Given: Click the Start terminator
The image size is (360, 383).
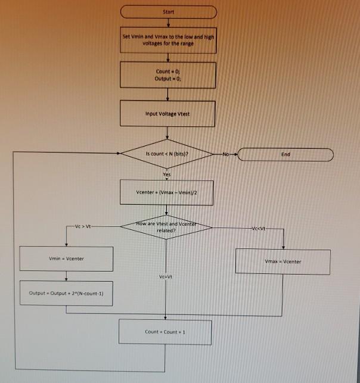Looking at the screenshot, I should [x=168, y=11].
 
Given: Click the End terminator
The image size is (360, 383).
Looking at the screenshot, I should [x=285, y=154].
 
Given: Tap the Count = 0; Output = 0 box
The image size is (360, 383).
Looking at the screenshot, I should [x=167, y=74].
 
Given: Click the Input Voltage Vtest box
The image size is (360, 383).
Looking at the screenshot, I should [x=167, y=113].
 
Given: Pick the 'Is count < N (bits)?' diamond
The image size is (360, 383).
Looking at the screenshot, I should [x=167, y=154].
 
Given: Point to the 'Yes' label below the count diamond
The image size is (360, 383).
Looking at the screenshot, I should [x=167, y=174].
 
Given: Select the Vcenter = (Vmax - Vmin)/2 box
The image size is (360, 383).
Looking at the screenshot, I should [x=166, y=192].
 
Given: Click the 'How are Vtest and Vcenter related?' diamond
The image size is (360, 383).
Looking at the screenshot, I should [x=166, y=227].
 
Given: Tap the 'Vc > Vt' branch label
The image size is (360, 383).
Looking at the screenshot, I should [x=82, y=227].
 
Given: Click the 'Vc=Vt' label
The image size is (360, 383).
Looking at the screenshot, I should [x=166, y=277].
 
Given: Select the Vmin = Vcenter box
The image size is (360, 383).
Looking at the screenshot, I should [x=66, y=258].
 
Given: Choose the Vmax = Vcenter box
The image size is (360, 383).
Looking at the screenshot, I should [x=283, y=261].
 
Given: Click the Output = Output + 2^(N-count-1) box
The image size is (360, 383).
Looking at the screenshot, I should [x=66, y=294].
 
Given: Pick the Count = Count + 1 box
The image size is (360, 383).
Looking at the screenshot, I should [x=165, y=332].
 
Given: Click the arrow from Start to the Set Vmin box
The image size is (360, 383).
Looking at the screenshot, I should [x=168, y=24].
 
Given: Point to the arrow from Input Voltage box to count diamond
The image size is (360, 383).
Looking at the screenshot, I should [x=167, y=133].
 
